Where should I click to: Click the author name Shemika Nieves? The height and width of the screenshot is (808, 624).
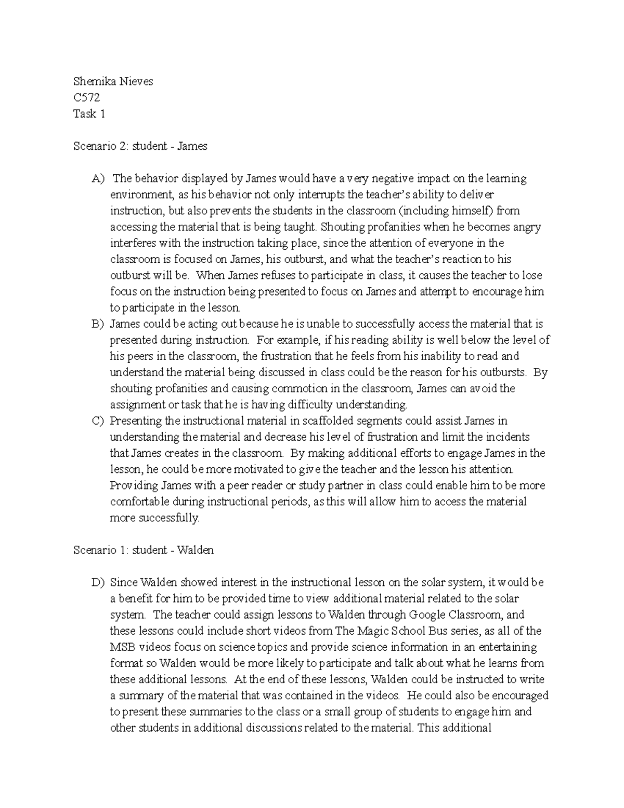tap(113, 81)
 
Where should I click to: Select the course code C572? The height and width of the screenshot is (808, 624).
tap(86, 97)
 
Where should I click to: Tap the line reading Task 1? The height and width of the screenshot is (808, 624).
tap(89, 114)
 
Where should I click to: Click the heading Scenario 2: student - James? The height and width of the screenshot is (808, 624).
tap(140, 146)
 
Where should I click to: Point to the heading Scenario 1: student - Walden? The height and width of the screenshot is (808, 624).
tap(144, 550)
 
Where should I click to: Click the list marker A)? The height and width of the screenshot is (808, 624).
tap(98, 178)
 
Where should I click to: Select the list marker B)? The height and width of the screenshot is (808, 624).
tap(98, 324)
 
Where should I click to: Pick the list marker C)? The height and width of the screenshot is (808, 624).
tap(98, 421)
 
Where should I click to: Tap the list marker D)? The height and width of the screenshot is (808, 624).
tap(98, 582)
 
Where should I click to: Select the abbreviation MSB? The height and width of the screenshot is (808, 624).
tap(123, 647)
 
